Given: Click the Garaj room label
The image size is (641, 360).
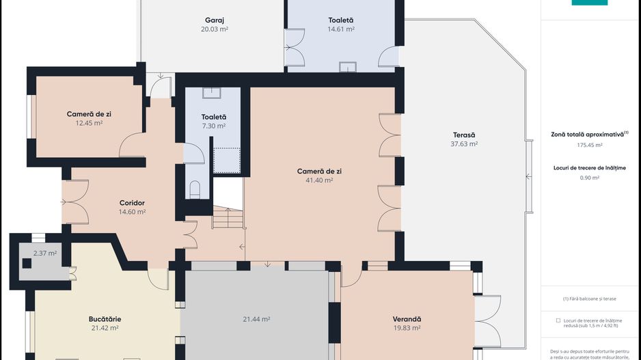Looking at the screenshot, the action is pyautogui.click(x=214, y=20).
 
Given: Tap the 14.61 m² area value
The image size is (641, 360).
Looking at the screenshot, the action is pyautogui.click(x=341, y=29).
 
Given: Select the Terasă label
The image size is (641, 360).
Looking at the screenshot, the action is pyautogui.click(x=464, y=135).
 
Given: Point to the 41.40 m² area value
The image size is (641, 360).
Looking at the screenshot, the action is pyautogui.click(x=319, y=180).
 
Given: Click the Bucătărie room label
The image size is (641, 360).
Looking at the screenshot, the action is pyautogui.click(x=105, y=319).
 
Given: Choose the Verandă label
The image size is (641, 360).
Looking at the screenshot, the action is pyautogui.click(x=407, y=319).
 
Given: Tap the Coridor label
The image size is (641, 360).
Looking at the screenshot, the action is pyautogui.click(x=132, y=203).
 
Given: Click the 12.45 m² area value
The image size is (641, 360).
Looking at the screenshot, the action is pyautogui.click(x=89, y=123).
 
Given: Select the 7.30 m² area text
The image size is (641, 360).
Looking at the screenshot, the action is pyautogui.click(x=214, y=126).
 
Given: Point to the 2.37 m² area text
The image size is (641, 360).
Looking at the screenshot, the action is pyautogui.click(x=45, y=253).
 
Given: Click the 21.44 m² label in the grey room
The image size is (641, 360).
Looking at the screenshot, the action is pyautogui.click(x=256, y=319).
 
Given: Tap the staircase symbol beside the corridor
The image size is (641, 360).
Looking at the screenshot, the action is pyautogui.click(x=228, y=217).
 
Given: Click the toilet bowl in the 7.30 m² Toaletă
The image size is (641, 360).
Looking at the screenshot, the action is pyautogui.click(x=195, y=190).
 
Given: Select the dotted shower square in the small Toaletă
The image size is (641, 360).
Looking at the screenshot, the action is pyautogui.click(x=227, y=161).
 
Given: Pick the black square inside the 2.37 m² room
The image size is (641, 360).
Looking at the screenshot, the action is pyautogui.click(x=27, y=263).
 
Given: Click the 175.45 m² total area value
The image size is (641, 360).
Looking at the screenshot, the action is pyautogui.click(x=590, y=145).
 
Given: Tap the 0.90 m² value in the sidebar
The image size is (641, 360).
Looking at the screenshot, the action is pyautogui.click(x=590, y=178).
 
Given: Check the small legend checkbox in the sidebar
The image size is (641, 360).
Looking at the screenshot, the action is pyautogui.click(x=558, y=321).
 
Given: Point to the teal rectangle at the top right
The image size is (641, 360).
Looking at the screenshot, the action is pyautogui.click(x=590, y=3).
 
